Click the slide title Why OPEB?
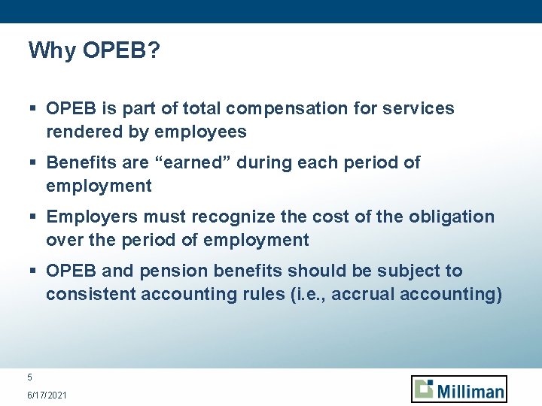point(93,50)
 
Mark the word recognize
point(234,217)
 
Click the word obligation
point(452,217)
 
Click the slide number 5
point(30,377)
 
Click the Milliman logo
point(459,389)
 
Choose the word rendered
point(78,132)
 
